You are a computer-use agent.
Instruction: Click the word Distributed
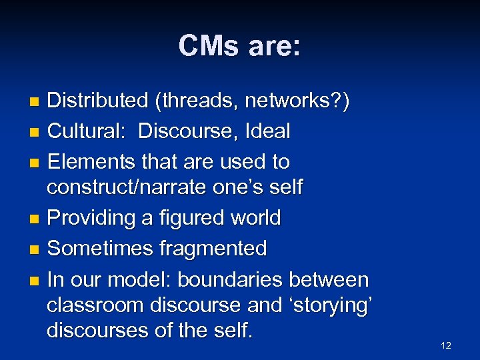(97, 101)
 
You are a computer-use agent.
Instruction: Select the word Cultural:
(87, 131)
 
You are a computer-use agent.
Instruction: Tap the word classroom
(96, 305)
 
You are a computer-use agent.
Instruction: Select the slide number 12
(446, 345)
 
